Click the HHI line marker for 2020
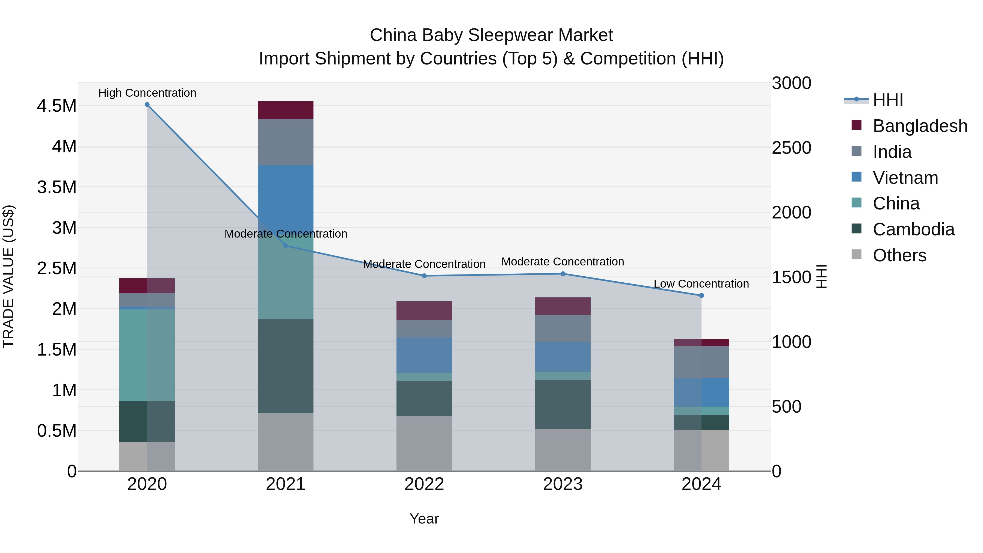coord(147,105)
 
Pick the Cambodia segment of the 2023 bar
coord(562,404)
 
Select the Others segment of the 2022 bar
coord(424,443)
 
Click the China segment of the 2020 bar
coord(147,355)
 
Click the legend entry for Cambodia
coord(913,229)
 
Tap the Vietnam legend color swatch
coord(856,177)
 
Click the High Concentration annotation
coord(147,93)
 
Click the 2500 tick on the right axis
coord(791,148)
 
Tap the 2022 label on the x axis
coord(424,484)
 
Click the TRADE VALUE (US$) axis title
coord(8,276)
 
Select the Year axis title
coord(424,519)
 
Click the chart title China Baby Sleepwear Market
coord(491,35)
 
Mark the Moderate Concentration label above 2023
coord(562,262)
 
